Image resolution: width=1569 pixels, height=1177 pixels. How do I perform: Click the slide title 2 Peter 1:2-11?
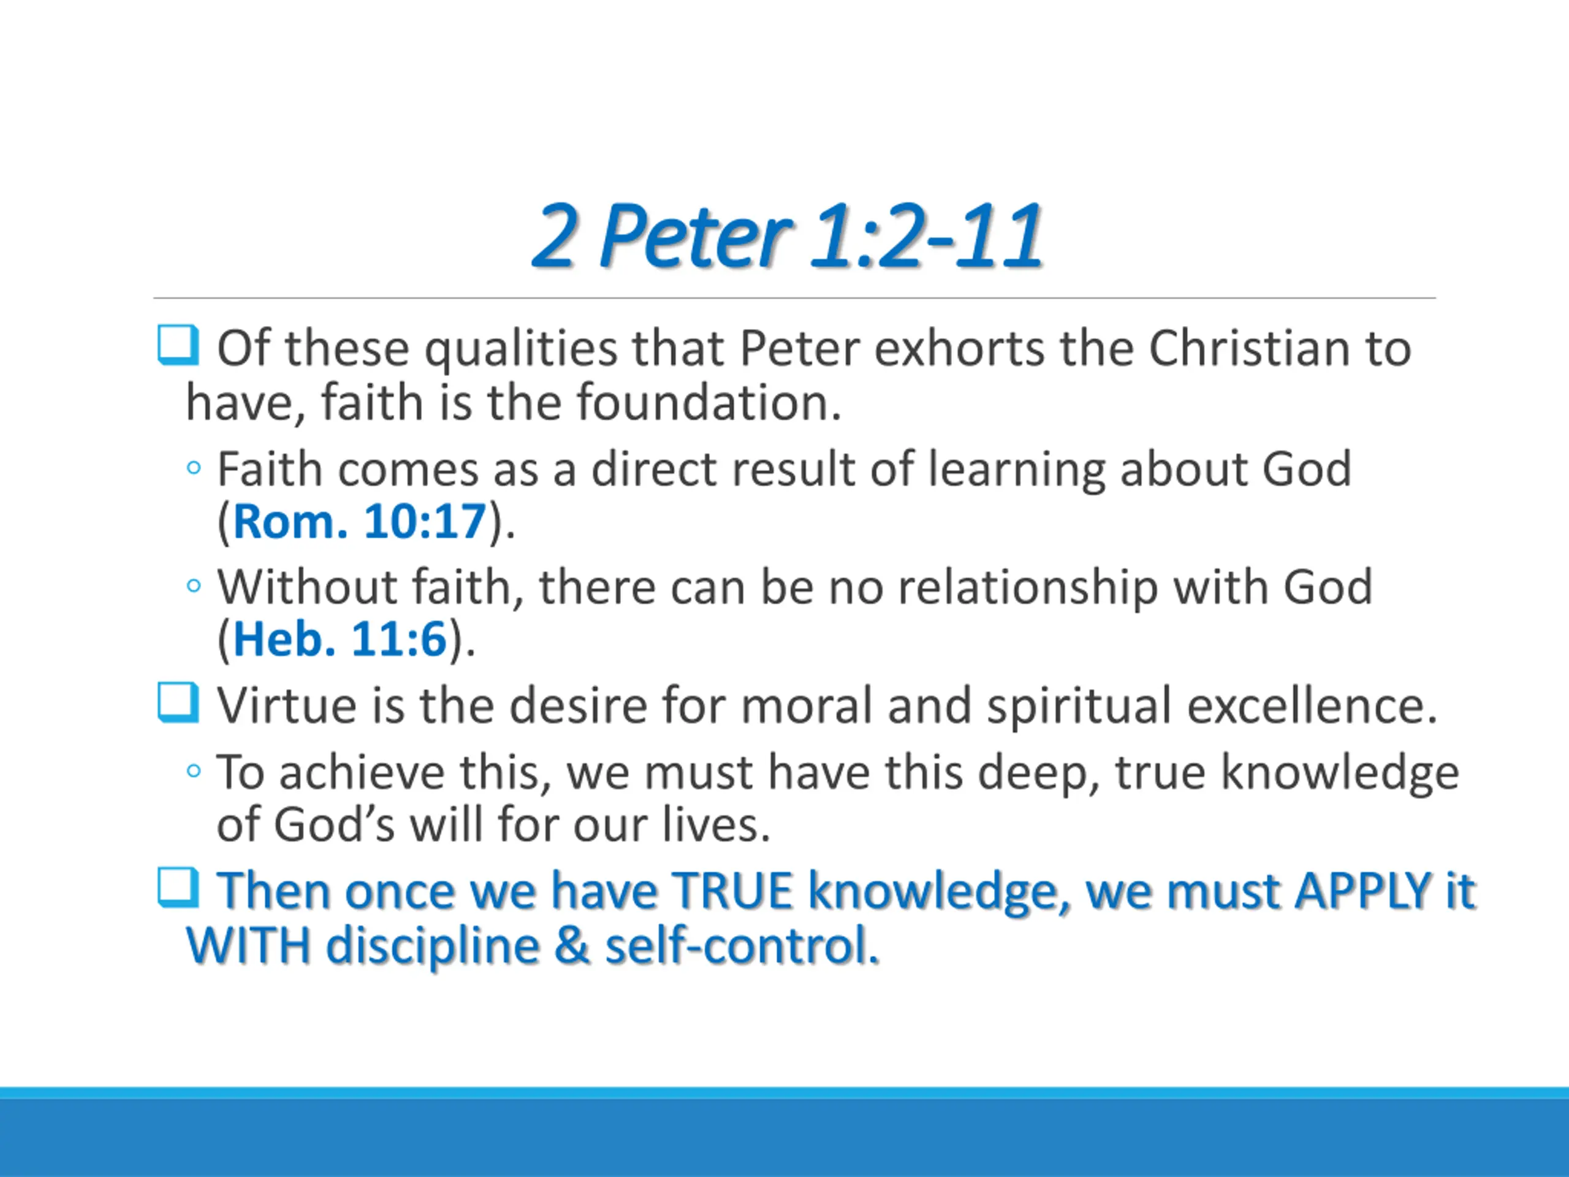pyautogui.click(x=788, y=235)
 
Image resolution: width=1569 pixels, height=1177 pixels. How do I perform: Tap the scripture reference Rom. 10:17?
pyautogui.click(x=360, y=522)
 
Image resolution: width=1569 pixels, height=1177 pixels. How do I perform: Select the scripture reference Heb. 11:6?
pyautogui.click(x=340, y=639)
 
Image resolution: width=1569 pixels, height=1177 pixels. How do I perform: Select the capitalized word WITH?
pyautogui.click(x=248, y=945)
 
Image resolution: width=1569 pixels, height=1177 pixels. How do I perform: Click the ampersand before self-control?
pyautogui.click(x=572, y=946)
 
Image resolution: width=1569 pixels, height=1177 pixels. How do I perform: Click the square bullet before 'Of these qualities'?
pyautogui.click(x=177, y=346)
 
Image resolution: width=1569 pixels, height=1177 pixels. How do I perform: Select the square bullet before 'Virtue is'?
pyautogui.click(x=177, y=703)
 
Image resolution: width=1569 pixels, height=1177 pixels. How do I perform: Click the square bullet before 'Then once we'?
pyautogui.click(x=177, y=888)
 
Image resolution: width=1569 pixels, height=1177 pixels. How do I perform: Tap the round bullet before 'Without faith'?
pyautogui.click(x=194, y=586)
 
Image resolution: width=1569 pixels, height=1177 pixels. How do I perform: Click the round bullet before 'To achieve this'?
pyautogui.click(x=194, y=771)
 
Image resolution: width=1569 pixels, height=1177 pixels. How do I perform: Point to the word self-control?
pyautogui.click(x=742, y=946)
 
